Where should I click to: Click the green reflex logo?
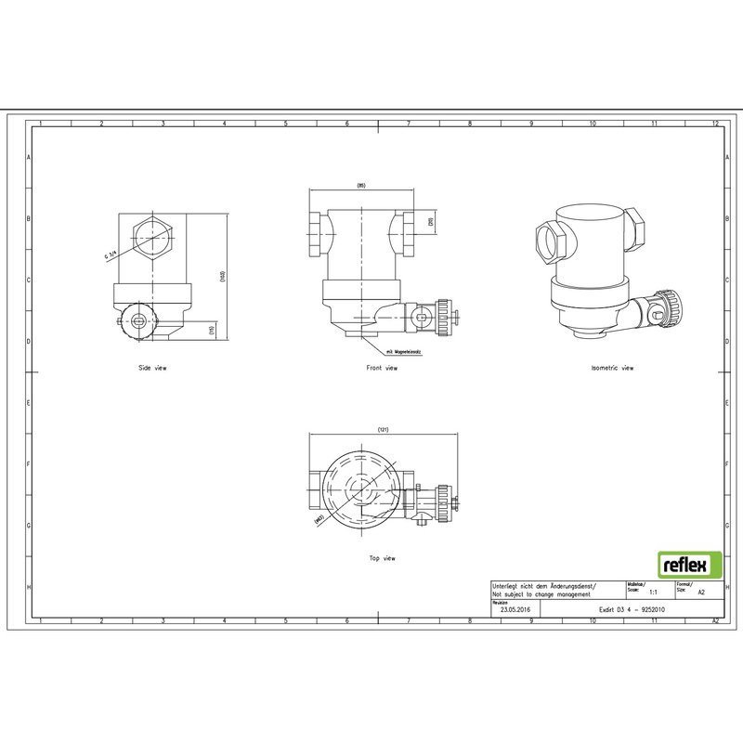689,564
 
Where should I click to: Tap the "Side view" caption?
152,368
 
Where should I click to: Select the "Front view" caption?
382,368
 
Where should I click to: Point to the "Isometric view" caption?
612,368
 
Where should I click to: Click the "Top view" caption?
382,558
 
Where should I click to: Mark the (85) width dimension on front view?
361,187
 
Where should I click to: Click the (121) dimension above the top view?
383,430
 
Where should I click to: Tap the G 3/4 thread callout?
111,255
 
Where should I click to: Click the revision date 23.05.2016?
515,610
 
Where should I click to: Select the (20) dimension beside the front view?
430,223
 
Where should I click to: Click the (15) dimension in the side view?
212,330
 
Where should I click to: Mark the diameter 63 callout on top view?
319,519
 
